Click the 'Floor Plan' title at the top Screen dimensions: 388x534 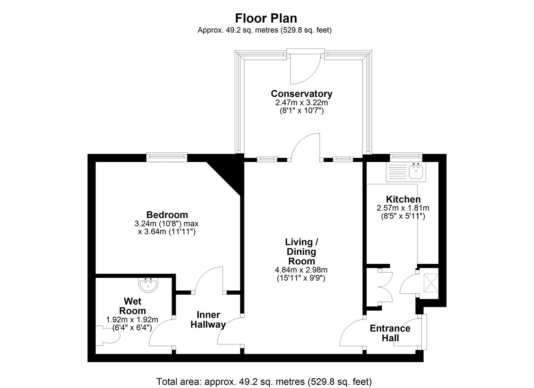click(266, 18)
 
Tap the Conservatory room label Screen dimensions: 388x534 click(301, 94)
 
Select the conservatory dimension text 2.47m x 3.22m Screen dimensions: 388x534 click(301, 102)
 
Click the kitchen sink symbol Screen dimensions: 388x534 click(416, 171)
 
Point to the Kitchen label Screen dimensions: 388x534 click(403, 199)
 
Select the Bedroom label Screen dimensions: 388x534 click(167, 215)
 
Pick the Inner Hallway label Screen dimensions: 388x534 click(208, 320)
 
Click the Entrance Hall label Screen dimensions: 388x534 click(390, 333)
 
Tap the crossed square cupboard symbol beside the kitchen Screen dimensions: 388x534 click(430, 282)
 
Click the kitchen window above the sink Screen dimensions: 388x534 click(406, 156)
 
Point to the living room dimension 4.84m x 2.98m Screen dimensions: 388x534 click(301, 270)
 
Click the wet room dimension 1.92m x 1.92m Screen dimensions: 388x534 click(132, 319)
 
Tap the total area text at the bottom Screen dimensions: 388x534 click(264, 381)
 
